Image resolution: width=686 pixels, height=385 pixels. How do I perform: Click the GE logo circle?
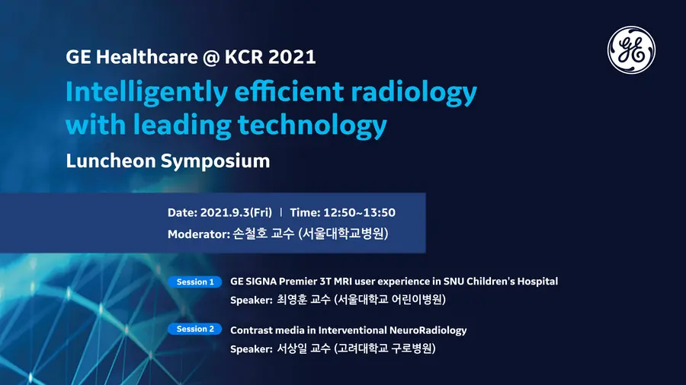631,49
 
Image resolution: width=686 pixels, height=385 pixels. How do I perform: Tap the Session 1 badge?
195,282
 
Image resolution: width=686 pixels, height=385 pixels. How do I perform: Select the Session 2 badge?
195,329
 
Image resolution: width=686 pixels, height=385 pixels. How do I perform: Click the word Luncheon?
111,161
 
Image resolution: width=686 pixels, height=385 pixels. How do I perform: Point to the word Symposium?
215,162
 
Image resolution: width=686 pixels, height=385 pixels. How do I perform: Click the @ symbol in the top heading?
211,58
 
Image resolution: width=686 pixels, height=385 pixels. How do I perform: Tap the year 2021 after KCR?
292,57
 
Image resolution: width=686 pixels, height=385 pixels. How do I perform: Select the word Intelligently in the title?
146,93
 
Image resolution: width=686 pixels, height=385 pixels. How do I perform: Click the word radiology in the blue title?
413,93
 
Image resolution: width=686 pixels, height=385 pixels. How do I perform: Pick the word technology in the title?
312,126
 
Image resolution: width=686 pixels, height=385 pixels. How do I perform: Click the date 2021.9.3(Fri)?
236,212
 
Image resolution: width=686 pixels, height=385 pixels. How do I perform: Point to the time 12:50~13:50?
359,212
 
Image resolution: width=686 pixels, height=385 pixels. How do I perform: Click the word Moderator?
199,234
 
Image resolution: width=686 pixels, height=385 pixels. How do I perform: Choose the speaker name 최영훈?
292,300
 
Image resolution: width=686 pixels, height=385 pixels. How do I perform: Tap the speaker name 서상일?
292,348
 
